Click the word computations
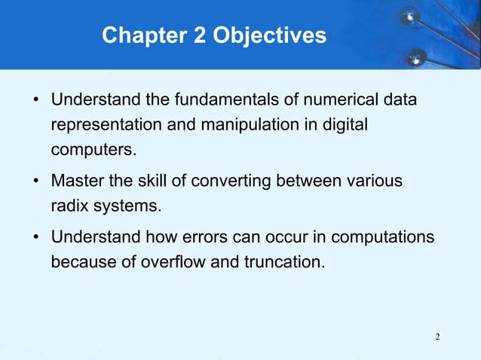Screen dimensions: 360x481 tap(382, 239)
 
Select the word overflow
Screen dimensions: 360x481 tap(174, 264)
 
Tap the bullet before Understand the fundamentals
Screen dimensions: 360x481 tap(36, 100)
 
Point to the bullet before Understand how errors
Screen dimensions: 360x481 tap(36, 239)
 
